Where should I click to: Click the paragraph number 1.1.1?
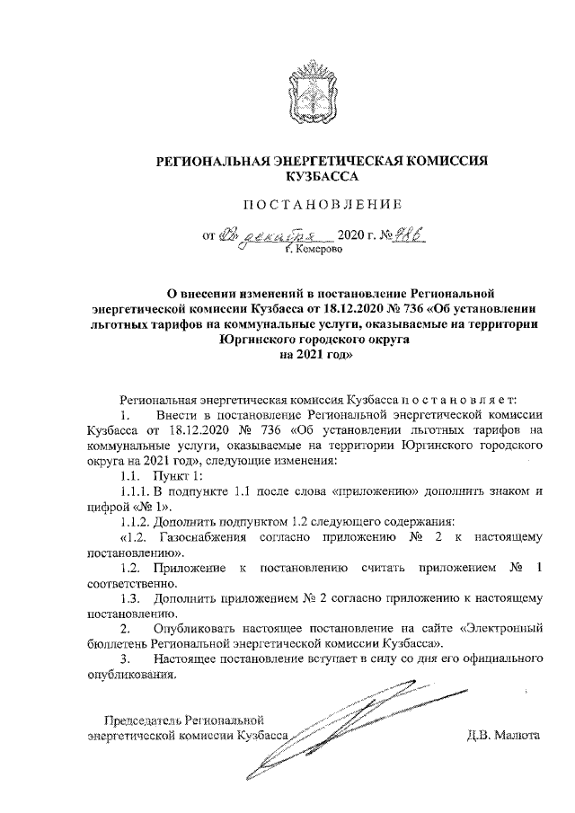[135, 491]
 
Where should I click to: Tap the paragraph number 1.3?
[130, 598]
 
